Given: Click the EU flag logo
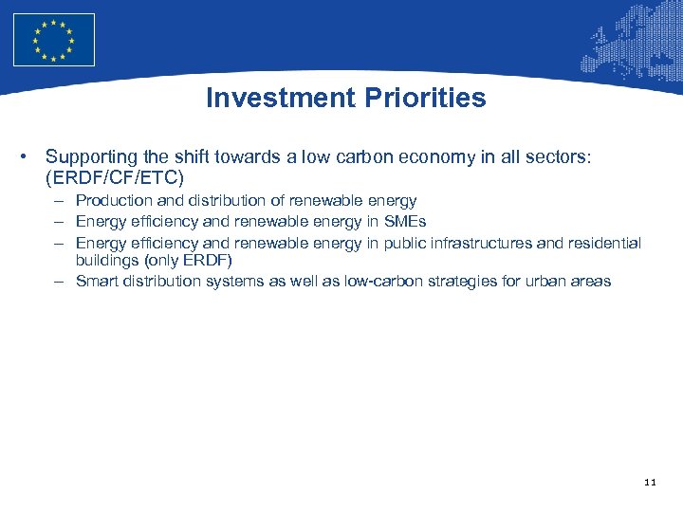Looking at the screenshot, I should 54,40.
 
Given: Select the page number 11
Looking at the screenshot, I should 650,483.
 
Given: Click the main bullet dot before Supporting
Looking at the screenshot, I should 32,156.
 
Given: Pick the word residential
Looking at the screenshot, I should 604,243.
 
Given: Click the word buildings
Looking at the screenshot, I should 106,260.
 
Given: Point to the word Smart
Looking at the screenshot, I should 96,281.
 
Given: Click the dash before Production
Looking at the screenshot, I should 60,200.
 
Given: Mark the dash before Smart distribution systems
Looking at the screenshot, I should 60,281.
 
